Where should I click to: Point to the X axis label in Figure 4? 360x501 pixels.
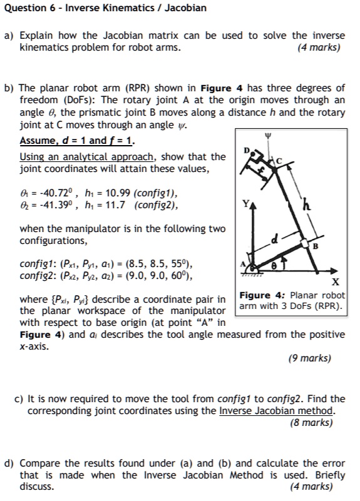coord(336,282)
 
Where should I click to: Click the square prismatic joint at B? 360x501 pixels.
coord(304,245)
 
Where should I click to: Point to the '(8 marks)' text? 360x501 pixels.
coord(312,422)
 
